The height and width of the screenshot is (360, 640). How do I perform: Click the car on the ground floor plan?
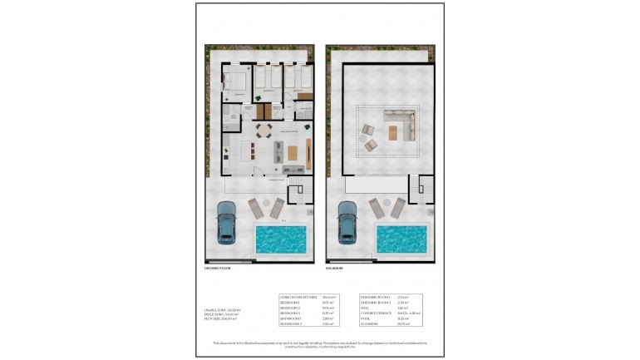click(x=226, y=223)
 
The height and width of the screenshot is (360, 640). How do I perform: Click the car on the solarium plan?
click(x=347, y=223)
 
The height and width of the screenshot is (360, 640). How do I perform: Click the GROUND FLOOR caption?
click(x=217, y=269)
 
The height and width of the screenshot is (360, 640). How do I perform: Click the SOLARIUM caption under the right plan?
click(x=334, y=269)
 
